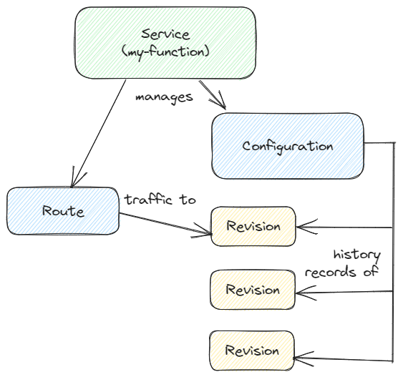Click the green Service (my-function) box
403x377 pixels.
pyautogui.click(x=165, y=43)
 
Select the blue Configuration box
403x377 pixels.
pyautogui.click(x=288, y=146)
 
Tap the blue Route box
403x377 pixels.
pyautogui.click(x=62, y=211)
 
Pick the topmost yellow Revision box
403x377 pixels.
pyautogui.click(x=253, y=226)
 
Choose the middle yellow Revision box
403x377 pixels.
pyautogui.click(x=252, y=290)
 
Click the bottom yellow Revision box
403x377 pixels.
pyautogui.click(x=252, y=351)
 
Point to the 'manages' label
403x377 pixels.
pyautogui.click(x=164, y=97)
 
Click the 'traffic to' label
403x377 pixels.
pyautogui.click(x=160, y=200)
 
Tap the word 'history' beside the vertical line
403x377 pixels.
pyautogui.click(x=356, y=255)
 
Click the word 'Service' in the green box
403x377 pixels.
pyautogui.click(x=165, y=34)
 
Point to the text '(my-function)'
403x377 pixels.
pyautogui.click(x=165, y=51)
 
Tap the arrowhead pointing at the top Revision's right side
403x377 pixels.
pyautogui.click(x=301, y=228)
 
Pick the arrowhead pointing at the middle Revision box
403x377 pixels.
pyautogui.click(x=301, y=291)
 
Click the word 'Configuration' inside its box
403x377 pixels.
pyautogui.click(x=288, y=146)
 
